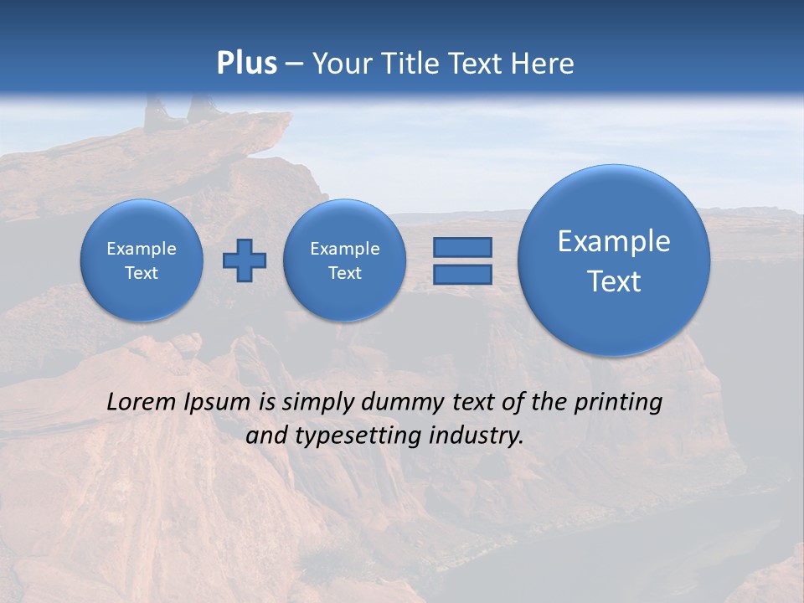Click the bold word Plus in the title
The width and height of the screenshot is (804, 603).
tap(246, 64)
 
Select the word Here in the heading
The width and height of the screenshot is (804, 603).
tap(544, 64)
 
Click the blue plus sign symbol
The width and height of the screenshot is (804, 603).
tap(245, 260)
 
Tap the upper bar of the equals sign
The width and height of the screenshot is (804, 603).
tap(462, 247)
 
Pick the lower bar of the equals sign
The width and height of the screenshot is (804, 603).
tap(462, 275)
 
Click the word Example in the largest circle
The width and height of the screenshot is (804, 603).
tap(614, 241)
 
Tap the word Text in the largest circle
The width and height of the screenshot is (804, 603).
tap(614, 281)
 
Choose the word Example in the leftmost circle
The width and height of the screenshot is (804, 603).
tap(142, 249)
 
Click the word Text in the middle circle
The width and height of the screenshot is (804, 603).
tap(345, 273)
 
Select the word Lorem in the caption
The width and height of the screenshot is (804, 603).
tap(142, 403)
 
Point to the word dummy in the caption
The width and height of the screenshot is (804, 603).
tap(405, 403)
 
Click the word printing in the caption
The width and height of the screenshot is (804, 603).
tap(620, 403)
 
